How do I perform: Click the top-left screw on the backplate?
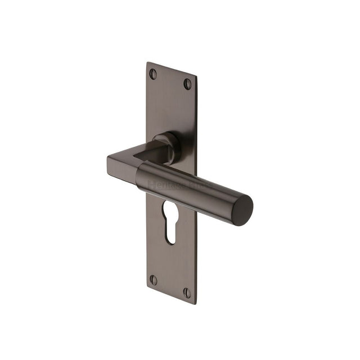coord(152,73)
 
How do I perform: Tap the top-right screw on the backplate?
coord(187,83)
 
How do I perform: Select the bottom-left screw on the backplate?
coord(153,280)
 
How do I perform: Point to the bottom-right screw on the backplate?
coord(187,293)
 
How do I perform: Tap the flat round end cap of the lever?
coord(243,211)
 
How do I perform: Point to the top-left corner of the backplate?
coord(147,62)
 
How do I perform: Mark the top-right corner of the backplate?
coord(196,75)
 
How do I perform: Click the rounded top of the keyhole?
coord(169,206)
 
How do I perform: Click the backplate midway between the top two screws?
coord(170,78)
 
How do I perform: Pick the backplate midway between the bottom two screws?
coord(170,286)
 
